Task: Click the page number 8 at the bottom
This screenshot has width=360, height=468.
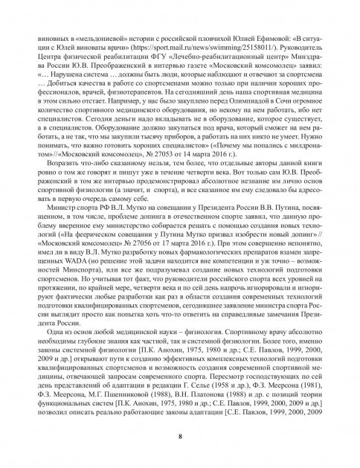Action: click(x=179, y=436)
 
